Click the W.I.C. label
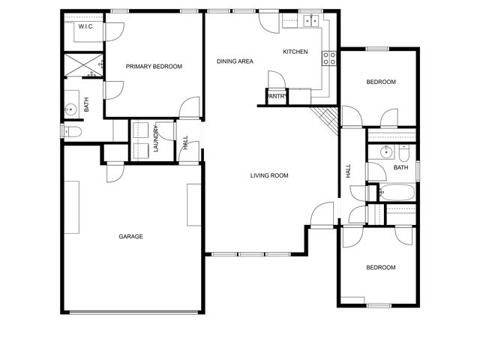85,27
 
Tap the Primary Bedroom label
154,67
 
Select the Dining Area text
235,61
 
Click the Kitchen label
295,52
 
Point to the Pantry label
277,96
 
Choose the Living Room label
269,175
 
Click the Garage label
130,236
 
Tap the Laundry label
156,139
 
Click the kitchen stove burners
328,58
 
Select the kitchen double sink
312,20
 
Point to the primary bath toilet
73,132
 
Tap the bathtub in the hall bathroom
394,192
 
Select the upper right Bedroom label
380,82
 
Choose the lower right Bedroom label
380,268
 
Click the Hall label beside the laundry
185,142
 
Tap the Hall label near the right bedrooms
348,171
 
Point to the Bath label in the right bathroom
400,167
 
